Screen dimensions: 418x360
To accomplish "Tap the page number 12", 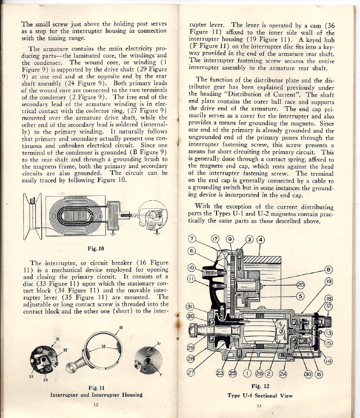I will point(96,405).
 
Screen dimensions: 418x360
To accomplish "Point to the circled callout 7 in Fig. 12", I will point(192,239).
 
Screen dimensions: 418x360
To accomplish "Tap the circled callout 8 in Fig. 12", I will point(328,270).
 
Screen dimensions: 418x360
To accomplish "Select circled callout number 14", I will point(328,361).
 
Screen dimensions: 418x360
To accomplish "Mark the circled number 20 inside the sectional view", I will point(300,285).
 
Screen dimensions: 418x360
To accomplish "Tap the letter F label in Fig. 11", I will point(160,374).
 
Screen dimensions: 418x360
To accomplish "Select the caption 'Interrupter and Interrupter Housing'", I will point(96,395).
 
